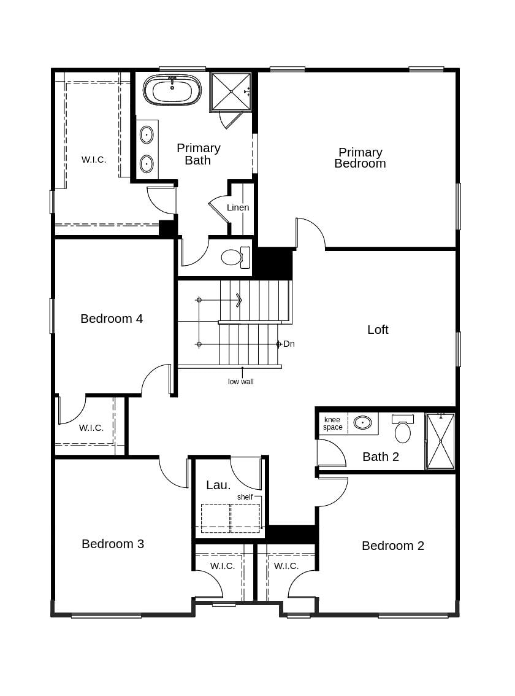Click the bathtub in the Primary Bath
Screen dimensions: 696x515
[x=172, y=91]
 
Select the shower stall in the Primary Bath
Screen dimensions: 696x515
[x=231, y=92]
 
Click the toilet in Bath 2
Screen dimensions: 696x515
[x=402, y=430]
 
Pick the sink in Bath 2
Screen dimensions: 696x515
[x=362, y=422]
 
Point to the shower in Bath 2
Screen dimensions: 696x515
[x=440, y=441]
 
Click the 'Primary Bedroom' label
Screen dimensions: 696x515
[x=360, y=158]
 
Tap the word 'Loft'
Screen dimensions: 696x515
[x=378, y=330]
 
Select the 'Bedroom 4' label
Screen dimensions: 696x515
[x=112, y=319]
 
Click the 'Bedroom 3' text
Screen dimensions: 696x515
[x=113, y=544]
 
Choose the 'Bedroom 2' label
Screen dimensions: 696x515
[x=393, y=546]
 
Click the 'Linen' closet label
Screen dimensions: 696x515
[x=238, y=207]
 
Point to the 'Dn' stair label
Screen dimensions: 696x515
[x=289, y=344]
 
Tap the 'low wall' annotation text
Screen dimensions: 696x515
[x=241, y=382]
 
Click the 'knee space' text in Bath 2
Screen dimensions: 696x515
[x=332, y=423]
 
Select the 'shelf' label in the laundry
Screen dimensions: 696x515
[x=245, y=497]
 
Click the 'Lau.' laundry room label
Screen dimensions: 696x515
[x=218, y=485]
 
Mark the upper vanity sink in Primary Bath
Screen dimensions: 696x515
[x=147, y=134]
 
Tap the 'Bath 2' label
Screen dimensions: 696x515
[x=381, y=457]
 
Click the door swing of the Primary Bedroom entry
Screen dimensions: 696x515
[x=311, y=232]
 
